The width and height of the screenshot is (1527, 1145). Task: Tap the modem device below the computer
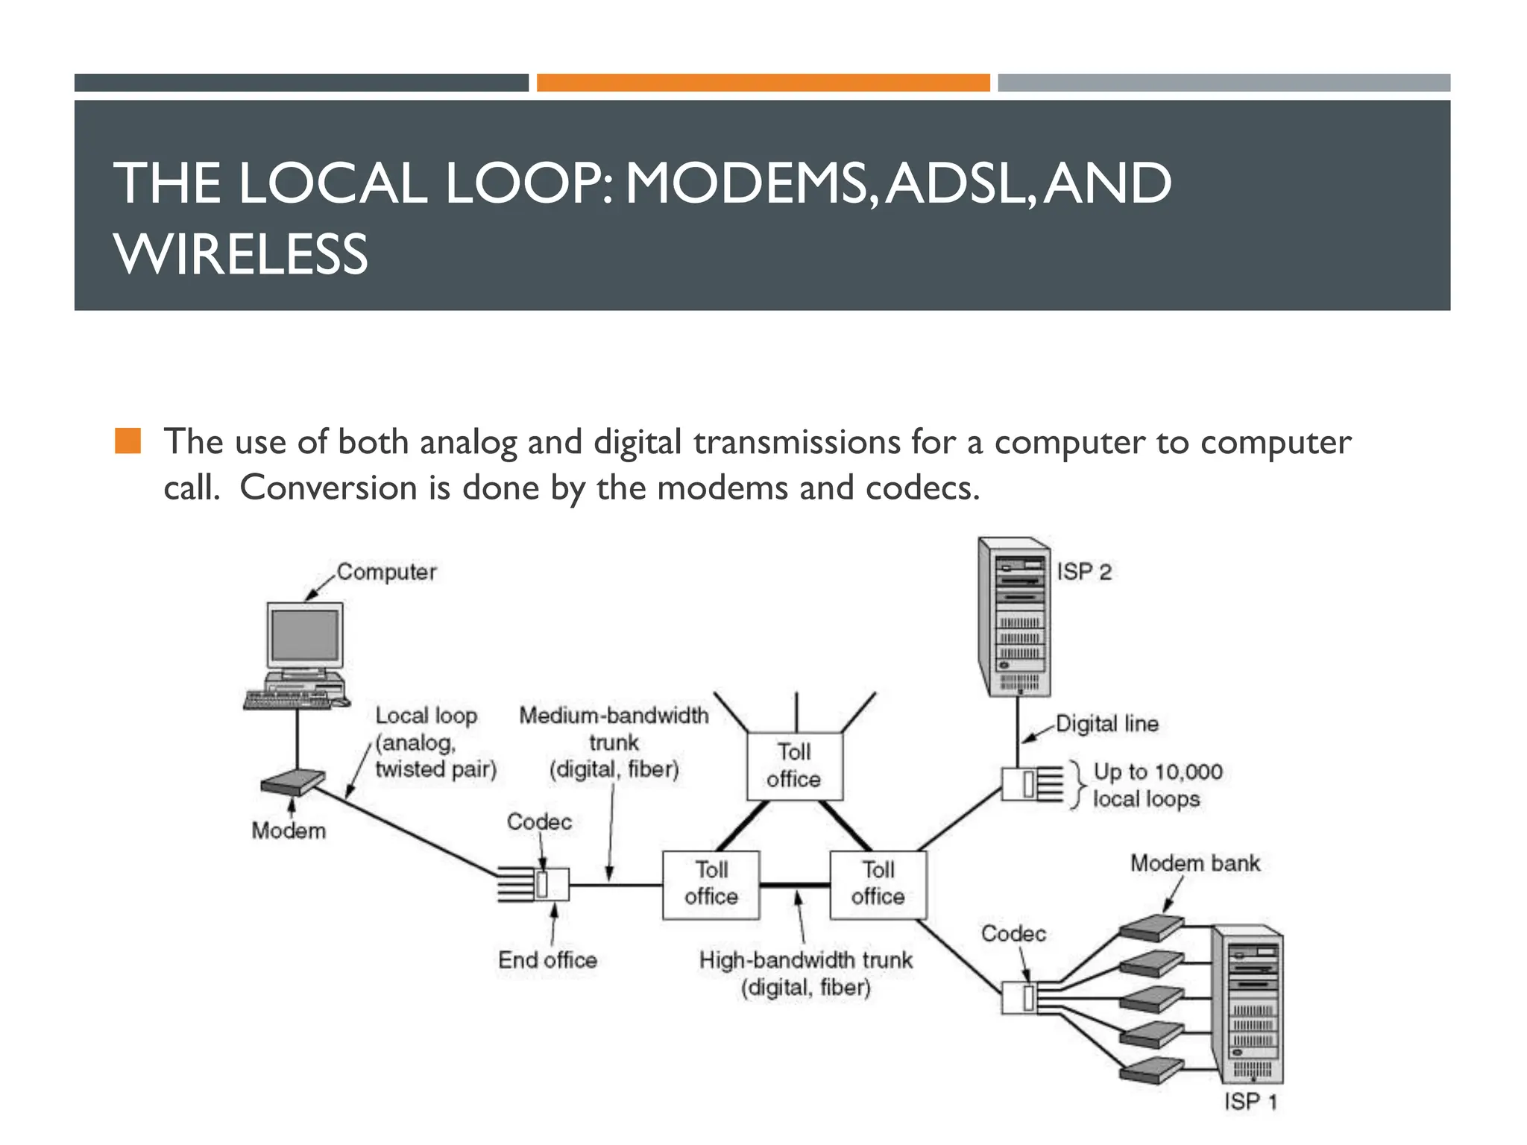(292, 783)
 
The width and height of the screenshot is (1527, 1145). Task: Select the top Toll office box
(795, 766)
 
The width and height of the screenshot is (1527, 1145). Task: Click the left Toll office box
(711, 884)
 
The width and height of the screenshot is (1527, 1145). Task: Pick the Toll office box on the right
(878, 884)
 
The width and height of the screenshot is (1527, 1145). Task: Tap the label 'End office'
(547, 960)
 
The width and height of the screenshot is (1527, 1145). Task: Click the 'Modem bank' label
(1194, 863)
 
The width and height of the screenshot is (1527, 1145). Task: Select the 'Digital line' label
(1106, 724)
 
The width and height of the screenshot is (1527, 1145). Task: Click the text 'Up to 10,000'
(1157, 772)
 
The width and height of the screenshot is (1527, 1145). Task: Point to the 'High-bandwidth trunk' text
(805, 960)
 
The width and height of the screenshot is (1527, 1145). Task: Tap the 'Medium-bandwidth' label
(614, 716)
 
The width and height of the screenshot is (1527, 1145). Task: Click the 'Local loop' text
(426, 716)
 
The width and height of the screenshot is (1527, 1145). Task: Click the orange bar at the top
(763, 83)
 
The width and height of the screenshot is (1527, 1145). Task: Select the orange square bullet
(127, 441)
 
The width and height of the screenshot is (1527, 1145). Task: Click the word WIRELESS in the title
(241, 254)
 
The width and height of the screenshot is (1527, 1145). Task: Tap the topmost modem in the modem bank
(1151, 928)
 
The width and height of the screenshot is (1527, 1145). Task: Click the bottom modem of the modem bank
(1151, 1070)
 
